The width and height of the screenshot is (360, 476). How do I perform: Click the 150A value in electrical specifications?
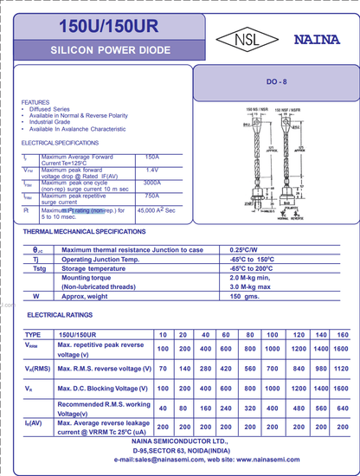point(152,156)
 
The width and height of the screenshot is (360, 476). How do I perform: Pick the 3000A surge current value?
point(152,183)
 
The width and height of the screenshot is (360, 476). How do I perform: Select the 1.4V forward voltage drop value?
point(152,170)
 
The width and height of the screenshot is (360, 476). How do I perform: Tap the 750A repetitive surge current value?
point(152,196)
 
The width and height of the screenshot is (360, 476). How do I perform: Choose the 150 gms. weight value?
point(245,296)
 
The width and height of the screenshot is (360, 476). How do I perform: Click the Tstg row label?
point(40,268)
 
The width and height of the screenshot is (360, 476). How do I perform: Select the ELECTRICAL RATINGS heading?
point(62,315)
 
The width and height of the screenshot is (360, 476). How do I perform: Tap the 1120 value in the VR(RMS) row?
point(341,369)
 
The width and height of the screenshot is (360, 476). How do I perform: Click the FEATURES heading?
point(35,102)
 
